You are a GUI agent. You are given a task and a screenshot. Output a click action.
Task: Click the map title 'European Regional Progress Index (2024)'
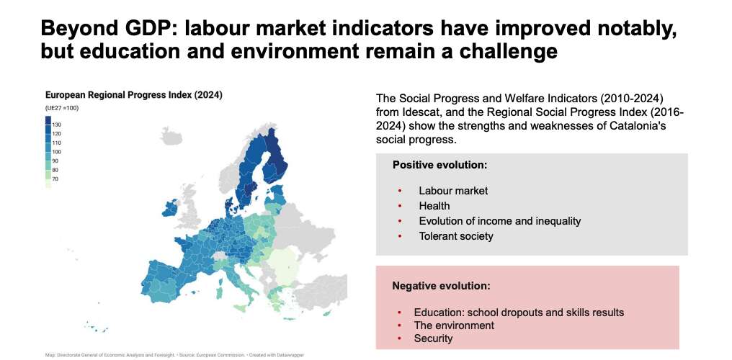[x=133, y=95]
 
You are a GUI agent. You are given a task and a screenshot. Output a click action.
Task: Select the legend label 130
[x=56, y=125]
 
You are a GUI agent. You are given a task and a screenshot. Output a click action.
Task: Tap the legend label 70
[x=55, y=179]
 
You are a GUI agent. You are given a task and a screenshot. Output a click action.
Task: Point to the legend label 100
[x=56, y=152]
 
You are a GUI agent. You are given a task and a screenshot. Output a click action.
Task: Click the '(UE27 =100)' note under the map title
[x=61, y=108]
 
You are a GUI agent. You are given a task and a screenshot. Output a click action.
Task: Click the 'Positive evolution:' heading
[x=439, y=165]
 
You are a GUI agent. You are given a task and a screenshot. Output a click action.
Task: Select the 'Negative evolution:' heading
[x=441, y=286]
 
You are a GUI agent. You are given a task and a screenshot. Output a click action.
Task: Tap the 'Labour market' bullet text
[x=453, y=191]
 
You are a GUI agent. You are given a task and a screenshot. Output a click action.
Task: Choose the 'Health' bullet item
[x=434, y=206]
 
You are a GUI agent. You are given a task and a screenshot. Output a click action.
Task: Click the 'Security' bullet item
[x=433, y=338]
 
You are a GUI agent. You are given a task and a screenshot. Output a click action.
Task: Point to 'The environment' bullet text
[x=454, y=325]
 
